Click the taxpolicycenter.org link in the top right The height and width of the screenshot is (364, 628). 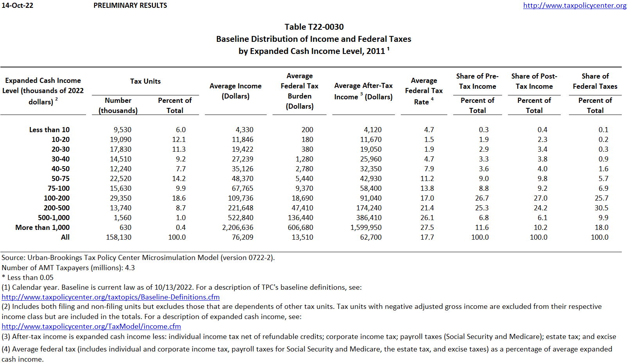574,5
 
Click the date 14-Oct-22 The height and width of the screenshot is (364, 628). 17,5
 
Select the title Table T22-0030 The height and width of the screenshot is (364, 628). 314,27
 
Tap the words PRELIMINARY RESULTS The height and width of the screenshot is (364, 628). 130,5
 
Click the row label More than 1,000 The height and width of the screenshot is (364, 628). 43,228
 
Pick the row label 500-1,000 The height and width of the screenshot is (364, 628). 54,218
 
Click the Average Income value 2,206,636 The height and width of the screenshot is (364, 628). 238,228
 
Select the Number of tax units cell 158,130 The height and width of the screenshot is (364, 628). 119,237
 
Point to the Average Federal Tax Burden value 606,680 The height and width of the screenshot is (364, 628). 300,228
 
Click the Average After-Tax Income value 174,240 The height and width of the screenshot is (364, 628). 369,208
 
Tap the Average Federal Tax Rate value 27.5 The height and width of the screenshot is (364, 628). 427,228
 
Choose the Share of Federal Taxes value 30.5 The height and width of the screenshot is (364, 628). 601,208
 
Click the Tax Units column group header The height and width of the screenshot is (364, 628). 145,81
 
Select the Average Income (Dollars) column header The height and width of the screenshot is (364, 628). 235,91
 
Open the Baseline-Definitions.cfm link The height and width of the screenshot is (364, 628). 111,297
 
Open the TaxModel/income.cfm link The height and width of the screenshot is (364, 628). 91,326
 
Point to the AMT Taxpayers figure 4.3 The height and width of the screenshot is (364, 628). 130,268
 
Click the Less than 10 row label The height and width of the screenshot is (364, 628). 49,130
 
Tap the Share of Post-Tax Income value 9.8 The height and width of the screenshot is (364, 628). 542,179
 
